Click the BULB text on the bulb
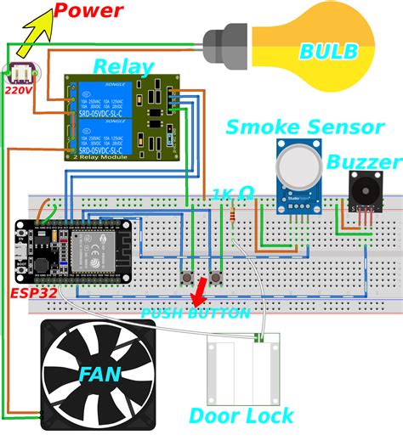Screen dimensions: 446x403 [328, 51]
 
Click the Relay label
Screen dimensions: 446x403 [123, 66]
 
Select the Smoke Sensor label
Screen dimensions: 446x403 [304, 127]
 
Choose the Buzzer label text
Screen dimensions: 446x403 [365, 162]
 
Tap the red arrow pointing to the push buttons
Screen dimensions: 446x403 [199, 294]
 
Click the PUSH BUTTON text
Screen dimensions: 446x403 [196, 313]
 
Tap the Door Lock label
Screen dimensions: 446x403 [241, 415]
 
